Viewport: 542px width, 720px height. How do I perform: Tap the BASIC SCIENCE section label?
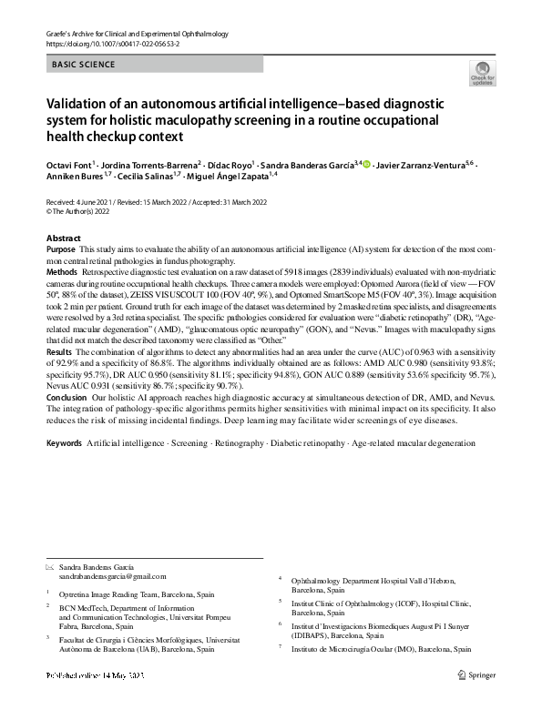pyautogui.click(x=83, y=65)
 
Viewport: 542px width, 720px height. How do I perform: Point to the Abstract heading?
pyautogui.click(x=63, y=238)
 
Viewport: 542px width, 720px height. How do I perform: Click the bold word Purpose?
pyautogui.click(x=60, y=248)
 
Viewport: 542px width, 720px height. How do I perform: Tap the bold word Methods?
pyautogui.click(x=61, y=271)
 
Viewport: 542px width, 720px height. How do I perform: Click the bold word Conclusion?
pyautogui.click(x=66, y=397)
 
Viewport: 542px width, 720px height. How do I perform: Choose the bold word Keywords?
pyautogui.click(x=64, y=442)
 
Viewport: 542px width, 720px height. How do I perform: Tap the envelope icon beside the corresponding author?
pyautogui.click(x=50, y=565)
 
